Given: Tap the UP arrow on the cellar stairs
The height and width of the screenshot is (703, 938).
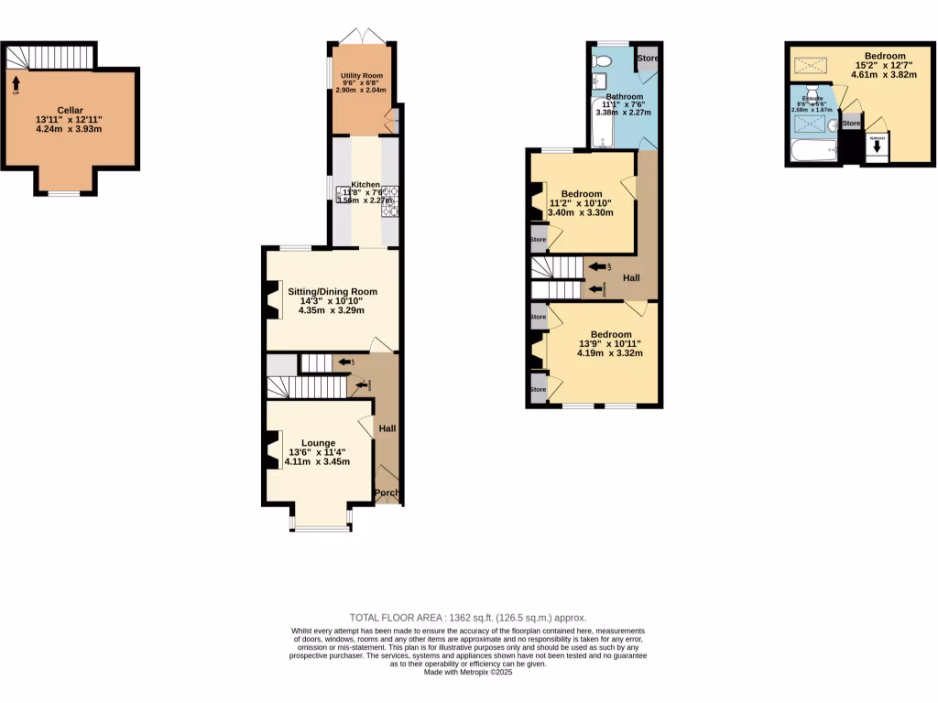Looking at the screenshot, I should point(16,85).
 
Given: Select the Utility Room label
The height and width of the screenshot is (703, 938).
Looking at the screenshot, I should point(362,75).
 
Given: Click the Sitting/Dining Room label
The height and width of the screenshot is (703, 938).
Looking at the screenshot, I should point(332,292).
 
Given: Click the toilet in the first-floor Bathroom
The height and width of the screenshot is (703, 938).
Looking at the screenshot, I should point(602,60).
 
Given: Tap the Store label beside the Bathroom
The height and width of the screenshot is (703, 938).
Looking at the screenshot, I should point(648,59).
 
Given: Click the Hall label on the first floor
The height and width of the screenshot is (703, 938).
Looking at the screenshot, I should point(631,278).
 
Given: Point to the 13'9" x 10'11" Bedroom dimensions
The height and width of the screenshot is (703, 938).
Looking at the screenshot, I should point(609,344).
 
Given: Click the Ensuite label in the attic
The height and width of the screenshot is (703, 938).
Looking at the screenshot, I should point(813,97).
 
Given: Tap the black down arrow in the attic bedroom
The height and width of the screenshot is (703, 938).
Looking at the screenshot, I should point(877,145).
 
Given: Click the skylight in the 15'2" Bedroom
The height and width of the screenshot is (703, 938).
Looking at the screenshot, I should point(808,64).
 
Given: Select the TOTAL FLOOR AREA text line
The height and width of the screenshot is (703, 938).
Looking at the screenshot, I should point(468,618).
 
